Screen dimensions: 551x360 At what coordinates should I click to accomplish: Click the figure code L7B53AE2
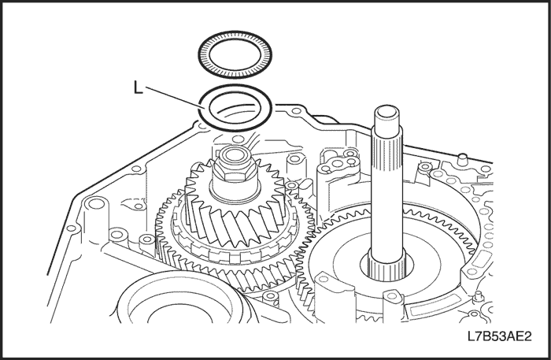tap(499, 336)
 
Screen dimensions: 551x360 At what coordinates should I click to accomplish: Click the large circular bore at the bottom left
tap(179, 310)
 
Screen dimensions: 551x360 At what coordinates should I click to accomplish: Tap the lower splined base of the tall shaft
tap(386, 265)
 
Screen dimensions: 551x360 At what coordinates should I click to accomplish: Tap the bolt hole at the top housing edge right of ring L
tap(296, 111)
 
